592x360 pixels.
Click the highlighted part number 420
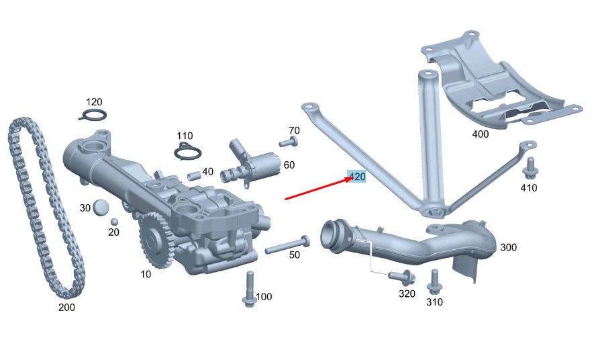356,177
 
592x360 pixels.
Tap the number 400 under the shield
481,134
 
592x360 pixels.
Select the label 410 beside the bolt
529,188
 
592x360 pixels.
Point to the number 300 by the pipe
508,247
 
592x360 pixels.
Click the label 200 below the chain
66,308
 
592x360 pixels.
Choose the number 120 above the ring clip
94,102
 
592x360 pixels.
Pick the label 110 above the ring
185,136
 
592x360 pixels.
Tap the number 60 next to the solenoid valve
289,165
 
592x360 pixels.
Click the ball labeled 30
101,208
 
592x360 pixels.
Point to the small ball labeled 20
114,222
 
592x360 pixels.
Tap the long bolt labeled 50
287,245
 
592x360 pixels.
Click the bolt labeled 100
250,289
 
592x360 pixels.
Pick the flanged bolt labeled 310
434,283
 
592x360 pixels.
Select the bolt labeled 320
405,275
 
